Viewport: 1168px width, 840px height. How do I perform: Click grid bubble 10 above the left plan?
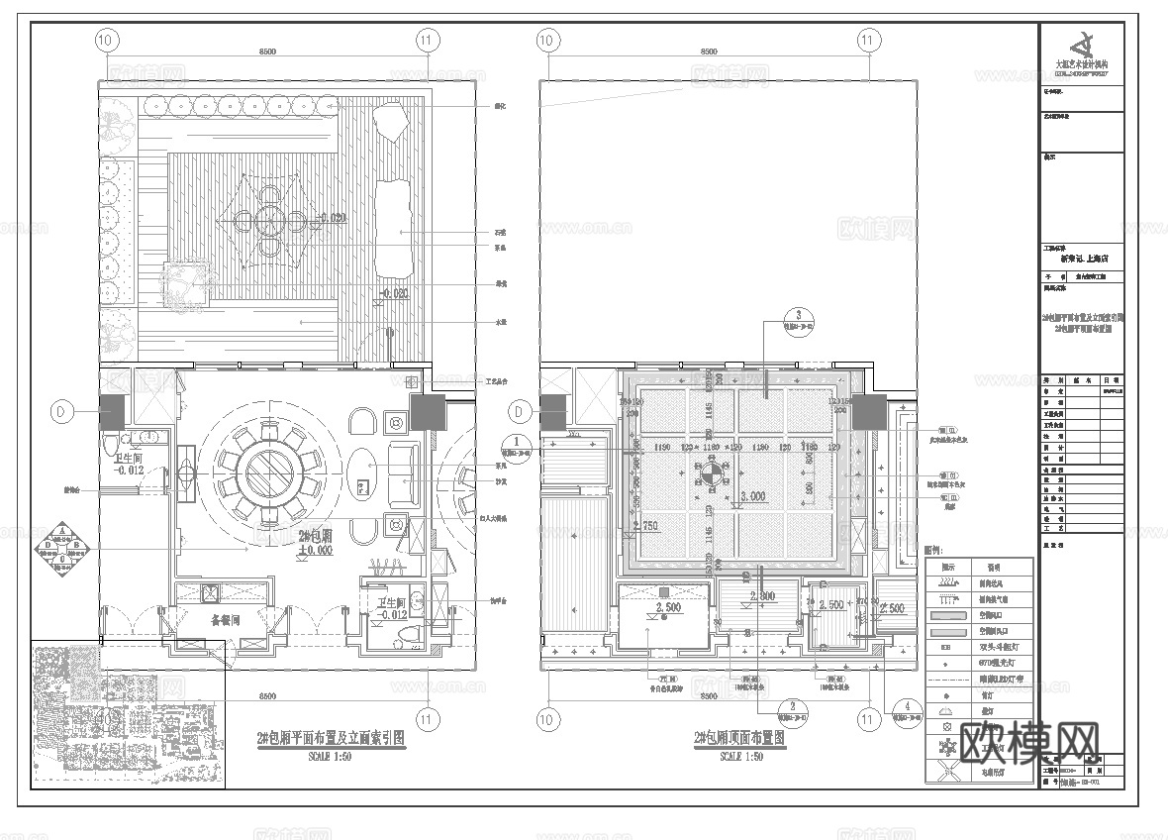click(107, 41)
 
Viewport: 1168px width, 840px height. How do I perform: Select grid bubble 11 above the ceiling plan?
click(867, 41)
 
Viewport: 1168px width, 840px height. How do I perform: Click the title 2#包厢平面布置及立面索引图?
click(330, 739)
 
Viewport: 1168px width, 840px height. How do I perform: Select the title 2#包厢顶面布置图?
click(740, 739)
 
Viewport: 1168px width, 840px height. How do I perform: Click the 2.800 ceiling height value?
click(762, 596)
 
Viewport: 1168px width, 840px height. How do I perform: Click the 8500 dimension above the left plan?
click(266, 51)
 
